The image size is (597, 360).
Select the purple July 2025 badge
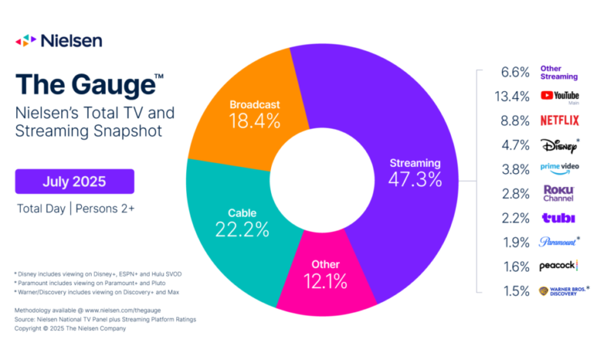pyautogui.click(x=74, y=182)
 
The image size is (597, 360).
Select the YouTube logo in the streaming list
pyautogui.click(x=559, y=96)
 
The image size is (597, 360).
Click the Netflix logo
pyautogui.click(x=559, y=119)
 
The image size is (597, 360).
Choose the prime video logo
pyautogui.click(x=559, y=169)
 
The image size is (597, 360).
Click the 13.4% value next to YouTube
pyautogui.click(x=511, y=96)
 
